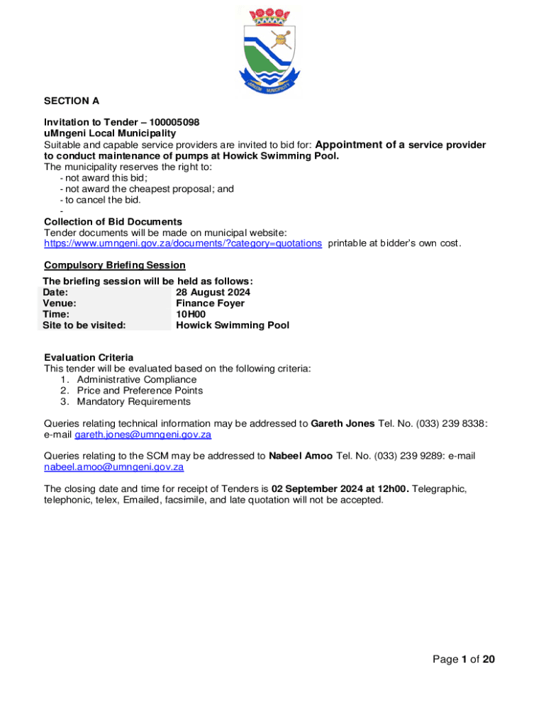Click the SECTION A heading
[72, 101]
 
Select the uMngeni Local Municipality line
[110, 133]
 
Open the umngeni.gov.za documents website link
[183, 243]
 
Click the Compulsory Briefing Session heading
[115, 265]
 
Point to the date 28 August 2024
[213, 292]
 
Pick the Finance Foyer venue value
[210, 303]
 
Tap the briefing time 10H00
[191, 314]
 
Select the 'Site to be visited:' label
[84, 325]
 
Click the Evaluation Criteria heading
[89, 357]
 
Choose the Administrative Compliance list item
[137, 379]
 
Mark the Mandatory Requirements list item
[134, 401]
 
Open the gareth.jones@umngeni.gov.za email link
[143, 435]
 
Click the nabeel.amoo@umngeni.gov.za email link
[114, 467]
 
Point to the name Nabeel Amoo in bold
[301, 456]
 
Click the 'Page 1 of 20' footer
[464, 659]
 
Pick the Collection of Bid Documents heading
[113, 222]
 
